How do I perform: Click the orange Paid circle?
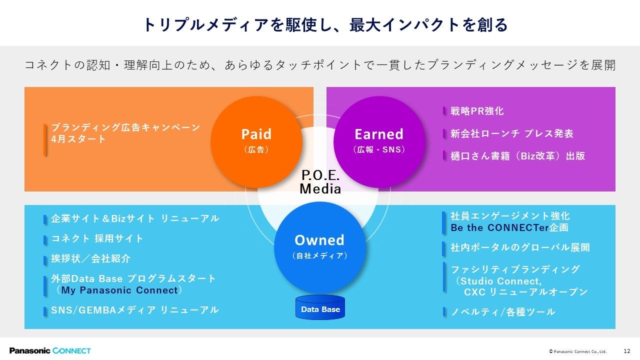coord(256,141)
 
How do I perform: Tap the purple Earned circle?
coord(378,141)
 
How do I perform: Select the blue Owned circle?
coord(319,247)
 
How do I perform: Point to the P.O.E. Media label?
coord(320,182)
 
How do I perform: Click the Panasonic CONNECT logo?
coord(50,350)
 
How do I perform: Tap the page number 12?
coord(627,351)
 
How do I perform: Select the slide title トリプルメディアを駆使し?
coord(325,24)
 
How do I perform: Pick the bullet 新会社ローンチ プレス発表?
coord(511,133)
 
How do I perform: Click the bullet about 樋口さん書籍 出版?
coord(517,156)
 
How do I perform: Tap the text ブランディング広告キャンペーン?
coord(125,127)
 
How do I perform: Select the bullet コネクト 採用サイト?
coord(97,238)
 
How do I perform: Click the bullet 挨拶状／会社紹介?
coord(90,258)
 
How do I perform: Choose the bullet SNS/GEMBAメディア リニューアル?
coord(134,310)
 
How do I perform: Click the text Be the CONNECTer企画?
coord(509,228)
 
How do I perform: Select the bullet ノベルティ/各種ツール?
coord(502,312)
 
